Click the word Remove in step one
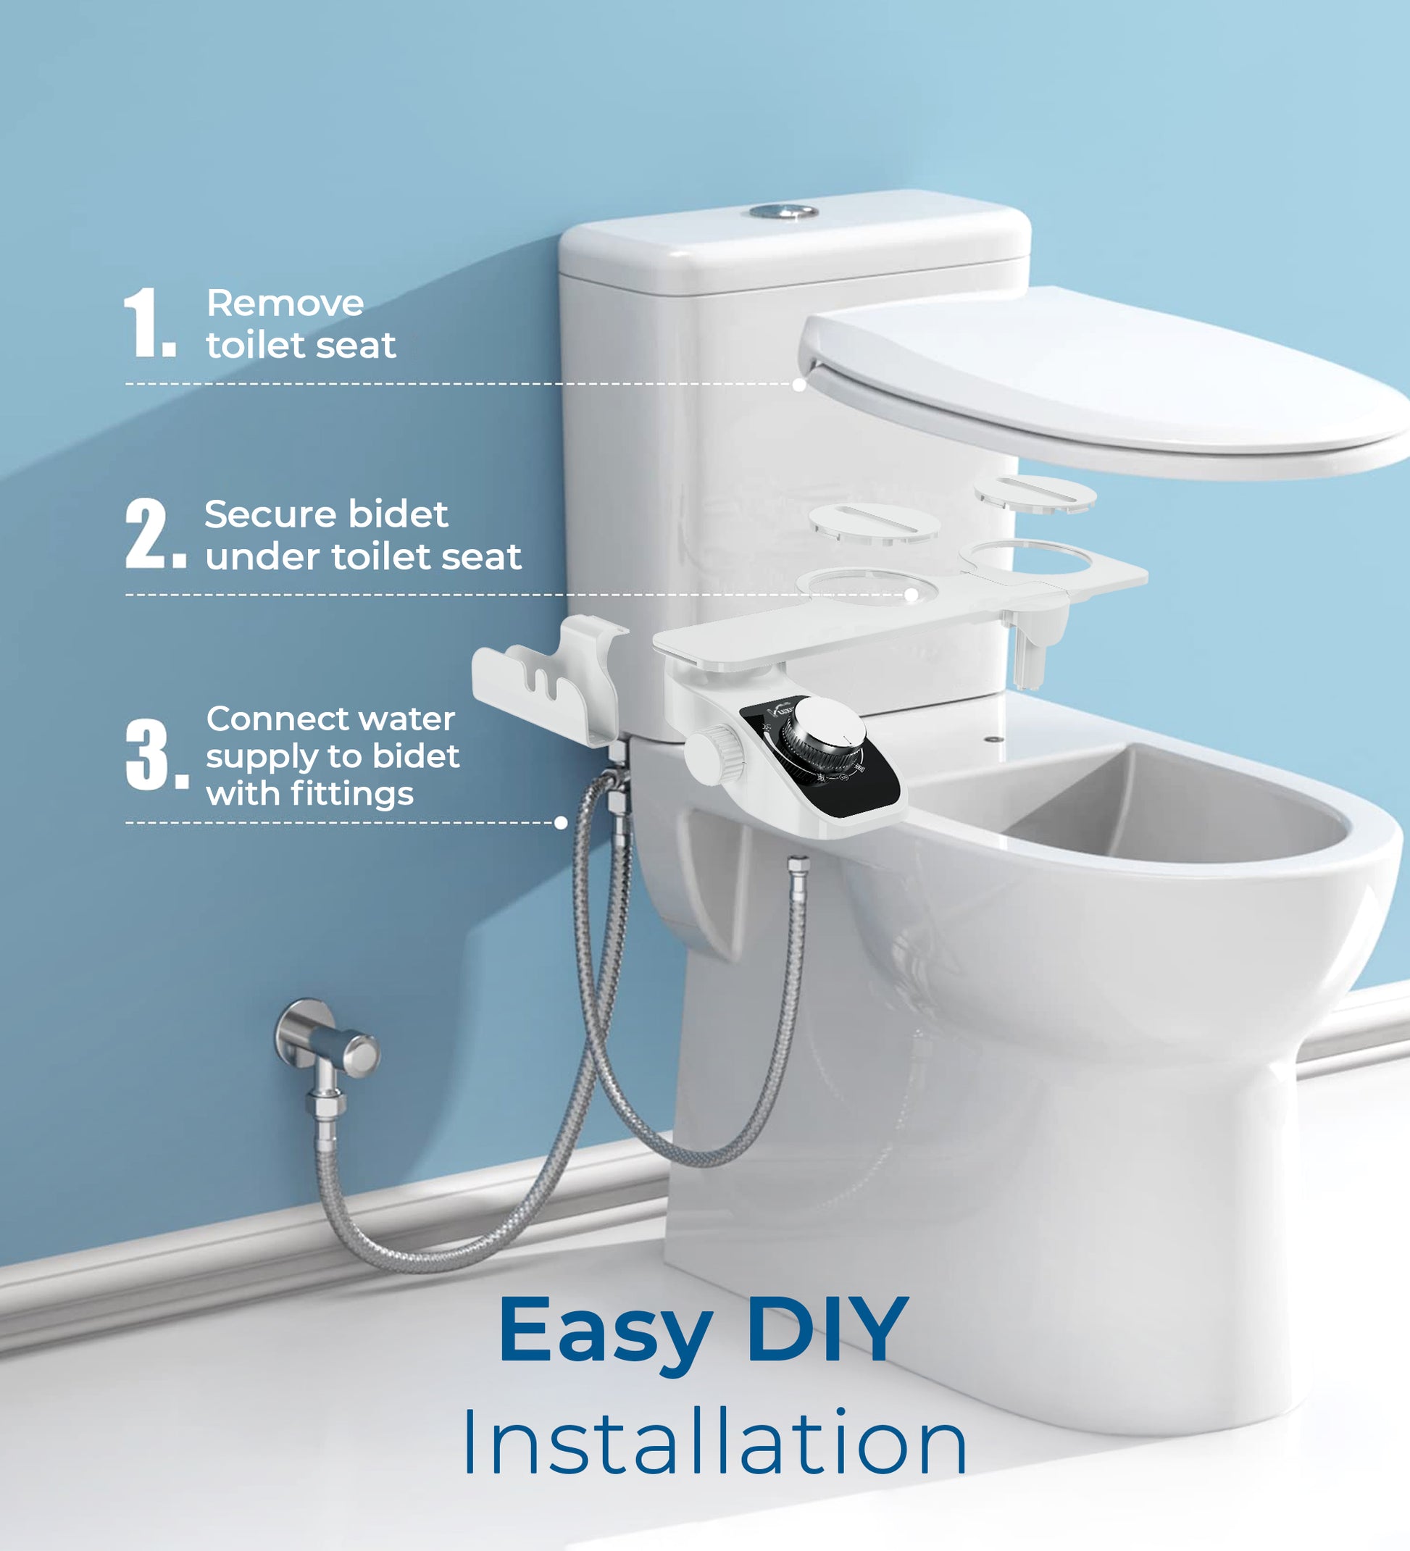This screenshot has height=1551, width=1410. pos(285,303)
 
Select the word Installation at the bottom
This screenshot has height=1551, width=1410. pos(714,1444)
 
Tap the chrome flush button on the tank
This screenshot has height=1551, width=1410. pos(784,211)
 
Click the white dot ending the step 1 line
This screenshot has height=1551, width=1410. pos(799,384)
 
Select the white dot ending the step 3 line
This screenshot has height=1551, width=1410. pos(561,822)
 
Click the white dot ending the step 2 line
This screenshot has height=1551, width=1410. pos(912,595)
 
